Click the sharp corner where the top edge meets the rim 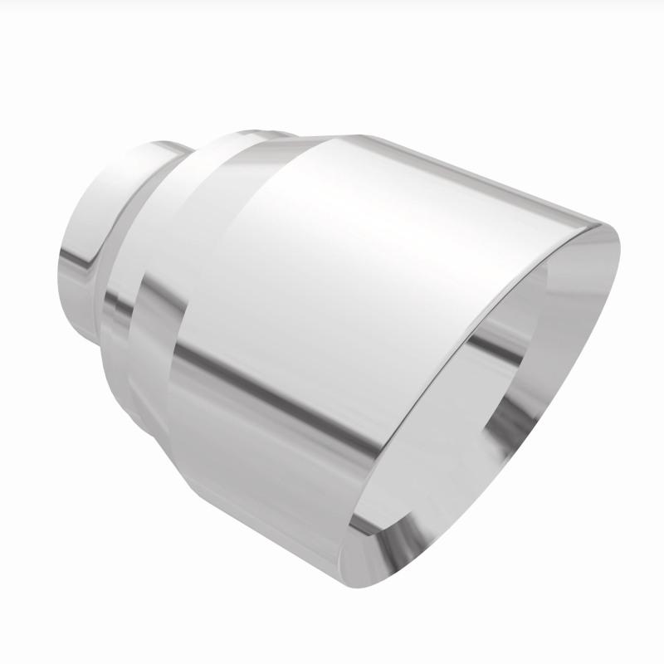click(599, 226)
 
